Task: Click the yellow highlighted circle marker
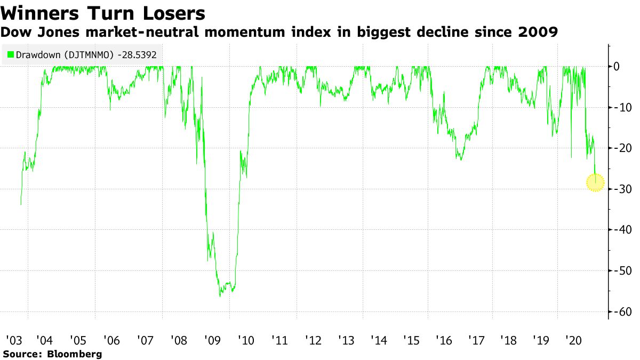[x=595, y=182]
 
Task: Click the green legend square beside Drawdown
[x=10, y=54]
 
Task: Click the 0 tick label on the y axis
[x=615, y=66]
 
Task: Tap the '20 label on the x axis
[x=573, y=340]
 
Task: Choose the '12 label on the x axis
[x=313, y=340]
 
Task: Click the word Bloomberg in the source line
[x=75, y=354]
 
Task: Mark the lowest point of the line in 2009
[x=220, y=297]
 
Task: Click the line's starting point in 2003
[x=21, y=204]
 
